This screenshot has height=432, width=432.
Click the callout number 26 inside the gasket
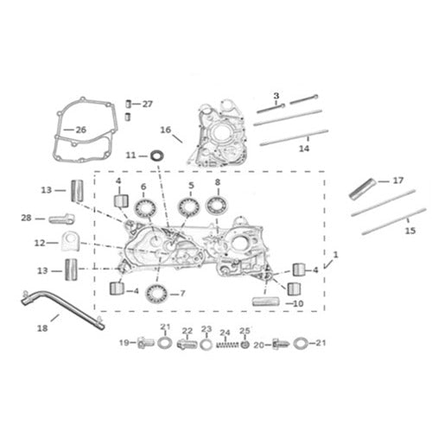[x=81, y=130]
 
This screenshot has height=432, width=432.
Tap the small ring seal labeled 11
[x=156, y=156]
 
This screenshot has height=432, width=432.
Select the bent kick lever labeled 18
[x=60, y=308]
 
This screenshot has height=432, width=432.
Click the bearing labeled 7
[x=156, y=293]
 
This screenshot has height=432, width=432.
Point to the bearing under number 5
[x=190, y=206]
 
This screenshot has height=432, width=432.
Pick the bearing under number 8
[x=217, y=205]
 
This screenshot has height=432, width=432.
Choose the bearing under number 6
[x=143, y=206]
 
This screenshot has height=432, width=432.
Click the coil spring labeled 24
[x=226, y=343]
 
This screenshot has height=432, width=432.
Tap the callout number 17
[x=397, y=181]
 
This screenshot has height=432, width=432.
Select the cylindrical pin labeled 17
[x=363, y=187]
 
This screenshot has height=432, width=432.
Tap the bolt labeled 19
[x=144, y=343]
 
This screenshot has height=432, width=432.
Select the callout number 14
[x=302, y=148]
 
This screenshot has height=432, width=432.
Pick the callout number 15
[x=410, y=230]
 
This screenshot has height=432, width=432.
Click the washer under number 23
[x=206, y=344]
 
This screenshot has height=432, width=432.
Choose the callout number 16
[x=166, y=130]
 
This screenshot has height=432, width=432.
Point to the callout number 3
[x=276, y=94]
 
